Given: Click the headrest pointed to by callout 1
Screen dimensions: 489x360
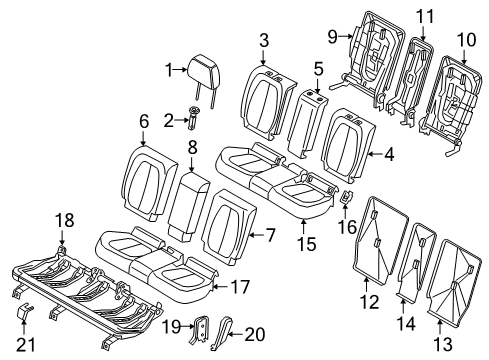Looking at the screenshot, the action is pos(203,72).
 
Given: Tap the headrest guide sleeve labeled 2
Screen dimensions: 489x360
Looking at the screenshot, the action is pos(193,119).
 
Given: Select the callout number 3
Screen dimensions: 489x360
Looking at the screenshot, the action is pos(264,41).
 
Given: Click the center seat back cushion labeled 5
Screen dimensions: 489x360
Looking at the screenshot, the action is pos(307,123).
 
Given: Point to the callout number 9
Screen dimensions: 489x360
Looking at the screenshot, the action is pos(333,37).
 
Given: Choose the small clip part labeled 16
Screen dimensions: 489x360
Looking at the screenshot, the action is pos(346,196).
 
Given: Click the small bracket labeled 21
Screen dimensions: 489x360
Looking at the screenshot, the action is pos(24,312).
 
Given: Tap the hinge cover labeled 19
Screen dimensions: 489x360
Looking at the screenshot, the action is pos(202,329).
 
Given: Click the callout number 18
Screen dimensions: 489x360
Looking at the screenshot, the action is pos(65,221).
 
